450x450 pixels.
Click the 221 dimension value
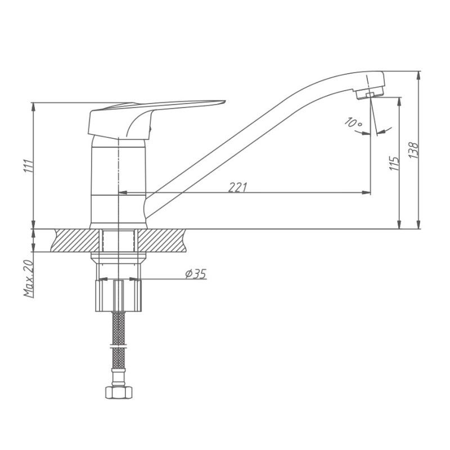click(237, 187)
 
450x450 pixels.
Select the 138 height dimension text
click(413, 150)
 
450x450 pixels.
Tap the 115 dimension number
click(394, 164)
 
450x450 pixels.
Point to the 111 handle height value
click(29, 166)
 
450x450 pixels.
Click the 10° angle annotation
click(353, 122)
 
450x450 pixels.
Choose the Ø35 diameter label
click(196, 274)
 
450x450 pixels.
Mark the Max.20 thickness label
click(29, 278)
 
